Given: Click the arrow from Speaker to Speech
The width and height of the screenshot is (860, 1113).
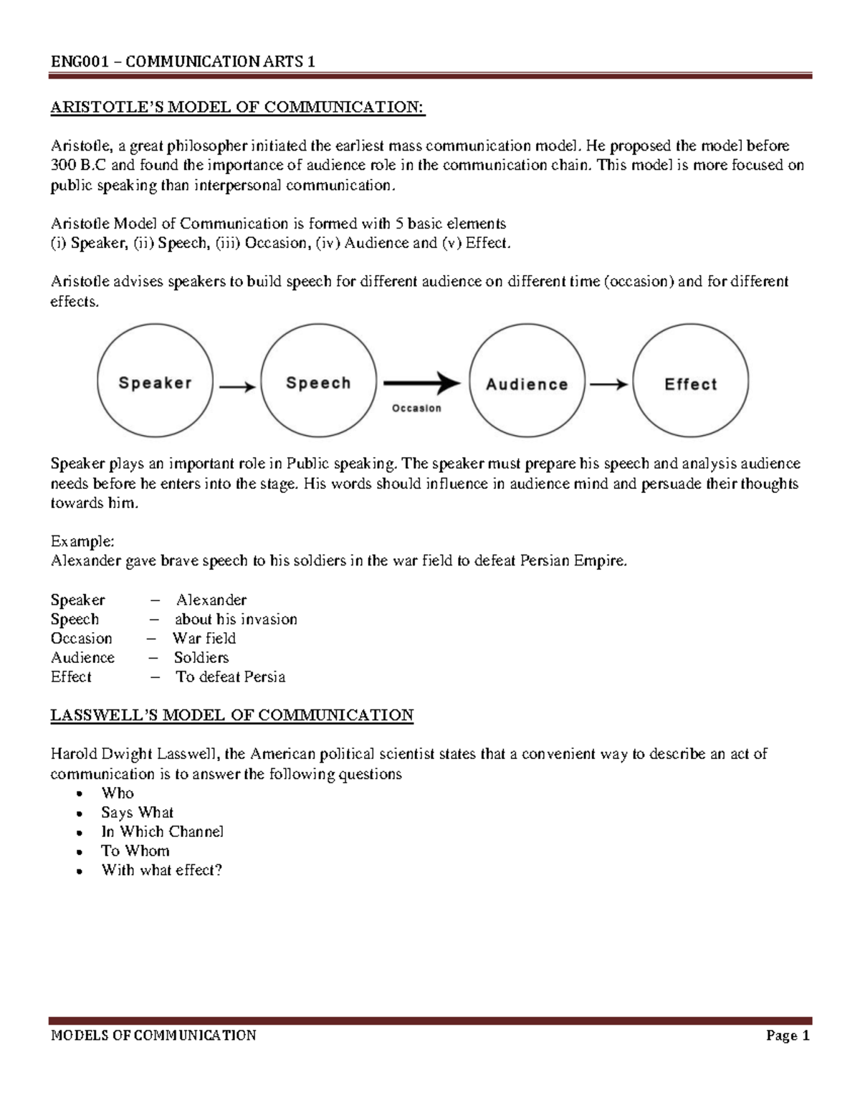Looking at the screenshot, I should (x=236, y=387).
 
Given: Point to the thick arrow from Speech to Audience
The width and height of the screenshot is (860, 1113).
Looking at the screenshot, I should (x=421, y=383).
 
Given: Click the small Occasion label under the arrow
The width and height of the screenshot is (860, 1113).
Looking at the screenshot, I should (x=416, y=409).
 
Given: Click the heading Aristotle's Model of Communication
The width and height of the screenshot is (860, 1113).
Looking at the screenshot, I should (x=237, y=108).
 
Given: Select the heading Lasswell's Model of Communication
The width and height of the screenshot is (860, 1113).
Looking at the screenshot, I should (x=231, y=715).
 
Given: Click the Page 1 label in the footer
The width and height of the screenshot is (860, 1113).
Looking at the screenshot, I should (x=787, y=1036).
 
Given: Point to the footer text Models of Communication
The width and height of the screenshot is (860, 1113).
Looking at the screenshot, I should (x=153, y=1035).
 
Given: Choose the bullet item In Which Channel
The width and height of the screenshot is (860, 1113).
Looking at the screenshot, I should (x=162, y=831).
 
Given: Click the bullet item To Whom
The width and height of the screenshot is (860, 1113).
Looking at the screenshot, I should (x=135, y=851).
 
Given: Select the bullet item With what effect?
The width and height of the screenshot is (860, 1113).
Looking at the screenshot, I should (x=161, y=870).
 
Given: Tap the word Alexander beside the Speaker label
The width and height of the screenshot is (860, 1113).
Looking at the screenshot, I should (x=211, y=600).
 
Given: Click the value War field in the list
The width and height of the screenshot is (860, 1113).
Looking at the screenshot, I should (x=204, y=639).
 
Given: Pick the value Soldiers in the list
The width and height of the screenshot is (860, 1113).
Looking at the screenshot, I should (x=201, y=658).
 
